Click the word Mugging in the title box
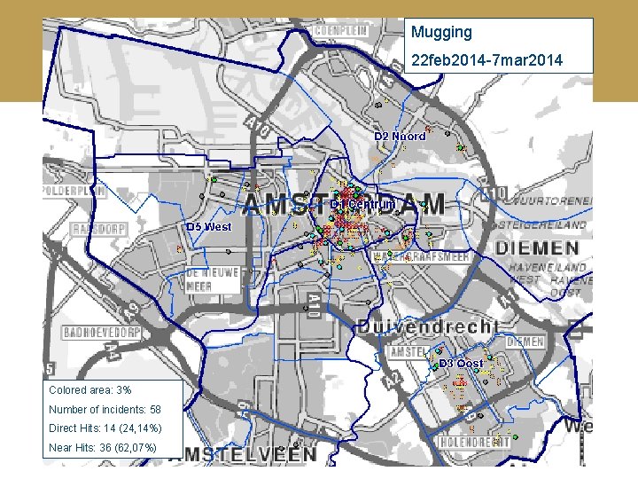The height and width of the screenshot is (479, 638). tap(441, 33)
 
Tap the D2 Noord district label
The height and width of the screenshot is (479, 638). tap(400, 137)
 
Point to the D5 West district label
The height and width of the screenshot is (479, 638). tap(208, 226)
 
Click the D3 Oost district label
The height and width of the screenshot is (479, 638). tap(462, 364)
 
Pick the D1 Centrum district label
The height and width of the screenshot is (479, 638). tap(362, 204)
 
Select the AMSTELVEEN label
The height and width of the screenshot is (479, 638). tap(249, 453)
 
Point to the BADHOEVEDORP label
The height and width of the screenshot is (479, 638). tap(103, 334)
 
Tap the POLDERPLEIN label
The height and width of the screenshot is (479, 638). tap(74, 191)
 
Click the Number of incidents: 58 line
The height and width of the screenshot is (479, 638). tap(105, 409)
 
